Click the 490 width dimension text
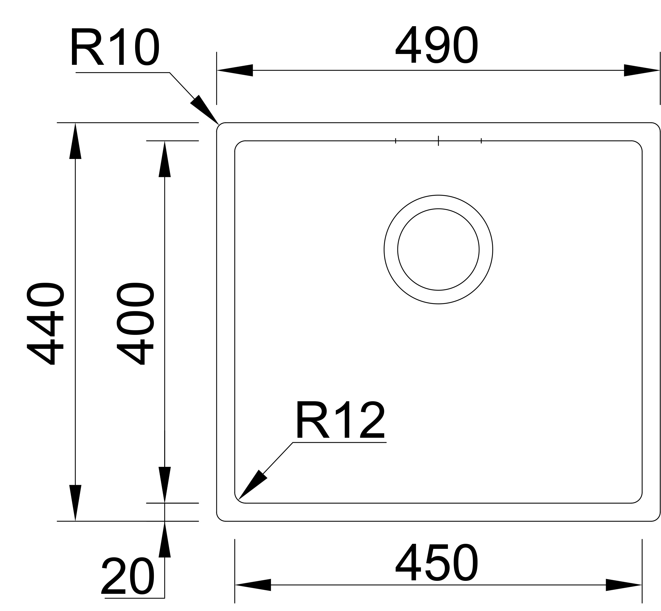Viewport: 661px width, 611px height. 436,45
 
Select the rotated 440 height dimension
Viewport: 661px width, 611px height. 45,323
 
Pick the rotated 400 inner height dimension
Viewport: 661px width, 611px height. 135,323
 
